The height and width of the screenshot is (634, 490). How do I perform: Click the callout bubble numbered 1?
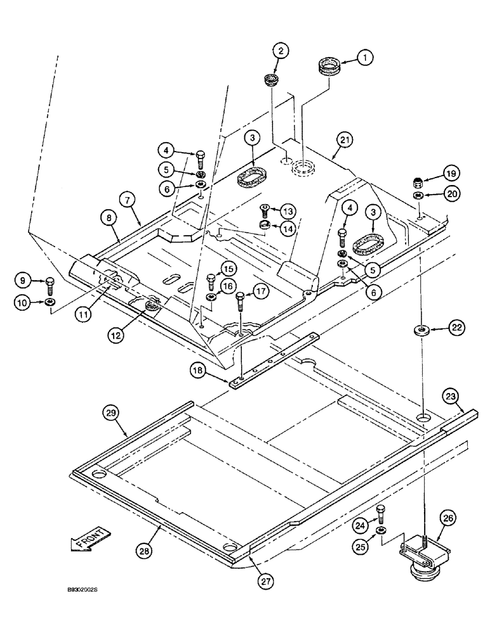tap(364, 57)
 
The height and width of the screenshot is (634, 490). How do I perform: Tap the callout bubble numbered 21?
tap(345, 140)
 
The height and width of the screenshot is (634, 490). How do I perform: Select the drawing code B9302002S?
tap(78, 589)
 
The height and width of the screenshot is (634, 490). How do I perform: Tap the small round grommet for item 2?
tap(272, 81)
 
